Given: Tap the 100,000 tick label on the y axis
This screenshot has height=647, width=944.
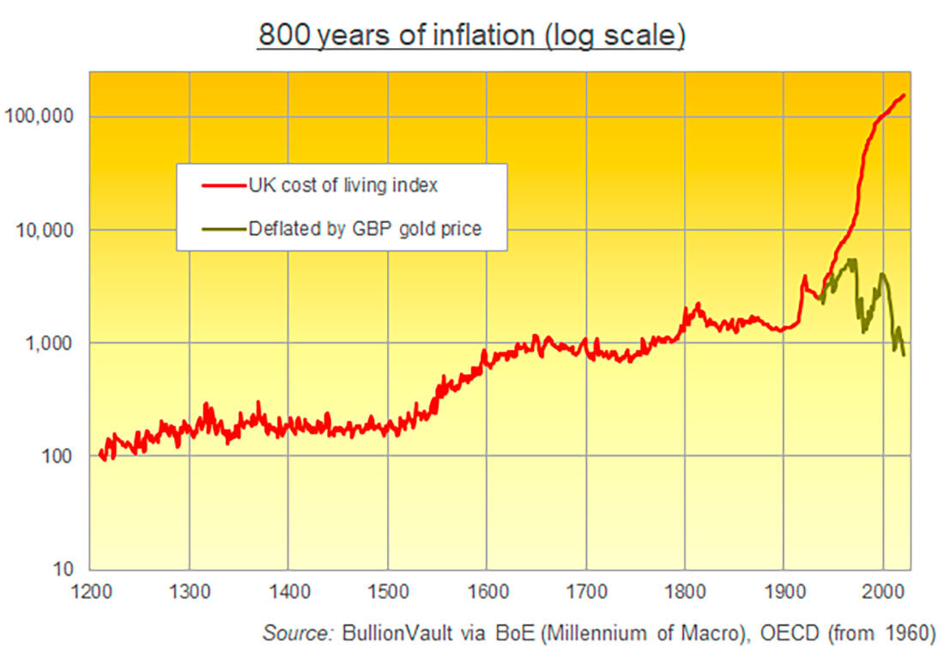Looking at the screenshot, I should click(x=41, y=117).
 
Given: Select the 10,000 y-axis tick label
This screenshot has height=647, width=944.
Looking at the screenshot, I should click(x=45, y=230).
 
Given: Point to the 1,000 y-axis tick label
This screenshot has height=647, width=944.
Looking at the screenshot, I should click(x=50, y=343).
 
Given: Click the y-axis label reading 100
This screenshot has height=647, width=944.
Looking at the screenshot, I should click(x=57, y=456).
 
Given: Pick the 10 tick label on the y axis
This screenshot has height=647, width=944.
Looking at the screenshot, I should click(x=62, y=569).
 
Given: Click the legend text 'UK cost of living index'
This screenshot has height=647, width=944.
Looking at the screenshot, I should click(x=344, y=184).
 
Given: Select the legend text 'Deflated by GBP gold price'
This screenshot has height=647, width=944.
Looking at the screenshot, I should click(x=365, y=228).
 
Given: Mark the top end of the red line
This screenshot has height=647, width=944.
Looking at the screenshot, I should click(x=904, y=95).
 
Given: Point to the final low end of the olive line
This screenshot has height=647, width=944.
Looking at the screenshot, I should click(x=904, y=354).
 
